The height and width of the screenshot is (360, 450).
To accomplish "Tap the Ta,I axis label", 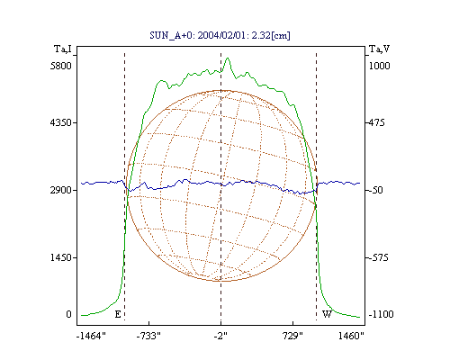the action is pos(63,49).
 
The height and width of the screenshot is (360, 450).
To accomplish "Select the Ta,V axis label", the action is pos(379,49).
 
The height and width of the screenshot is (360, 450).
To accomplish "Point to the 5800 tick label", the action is pos(61,66).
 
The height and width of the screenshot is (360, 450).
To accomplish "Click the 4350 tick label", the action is pos(61,122).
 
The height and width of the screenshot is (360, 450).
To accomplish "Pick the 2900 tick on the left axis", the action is pos(61,190).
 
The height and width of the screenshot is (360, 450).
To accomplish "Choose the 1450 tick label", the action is pos(61,257).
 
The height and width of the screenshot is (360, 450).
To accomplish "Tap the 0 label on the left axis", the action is pos(68,314).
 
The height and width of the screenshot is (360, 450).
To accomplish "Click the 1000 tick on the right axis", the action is pos(379,66).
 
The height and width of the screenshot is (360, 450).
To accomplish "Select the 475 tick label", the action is pos(376,122).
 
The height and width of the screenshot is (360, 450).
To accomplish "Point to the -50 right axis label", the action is pos(375,190).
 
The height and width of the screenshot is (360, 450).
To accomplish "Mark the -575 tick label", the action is pos(378,257).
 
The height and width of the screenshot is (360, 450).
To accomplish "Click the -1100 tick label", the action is pos(381,314).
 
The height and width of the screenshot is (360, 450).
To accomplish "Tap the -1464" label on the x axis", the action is pos(91,336).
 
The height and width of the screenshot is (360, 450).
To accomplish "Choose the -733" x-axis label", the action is pos(148,336).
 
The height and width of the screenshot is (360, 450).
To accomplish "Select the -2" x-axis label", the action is pos(220,336).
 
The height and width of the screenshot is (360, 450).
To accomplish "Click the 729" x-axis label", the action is pos(293,336).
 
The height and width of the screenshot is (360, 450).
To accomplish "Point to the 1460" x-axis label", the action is pos(351,336).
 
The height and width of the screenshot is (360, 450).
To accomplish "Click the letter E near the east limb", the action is pos(118,314).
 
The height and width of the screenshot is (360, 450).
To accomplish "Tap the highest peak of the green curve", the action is pos(228,58).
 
